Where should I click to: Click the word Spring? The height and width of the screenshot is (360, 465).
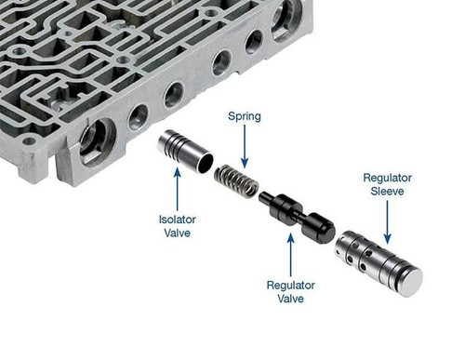click(x=245, y=116)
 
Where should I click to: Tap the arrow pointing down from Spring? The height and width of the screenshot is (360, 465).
click(x=245, y=146)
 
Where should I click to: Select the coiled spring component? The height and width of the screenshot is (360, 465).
click(x=236, y=181)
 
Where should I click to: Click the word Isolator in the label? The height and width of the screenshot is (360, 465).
click(x=178, y=220)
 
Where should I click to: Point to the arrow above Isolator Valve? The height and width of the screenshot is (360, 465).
click(x=178, y=189)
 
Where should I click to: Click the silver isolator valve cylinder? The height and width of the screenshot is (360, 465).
click(x=185, y=152)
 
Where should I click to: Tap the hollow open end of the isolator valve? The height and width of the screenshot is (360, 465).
click(x=205, y=162)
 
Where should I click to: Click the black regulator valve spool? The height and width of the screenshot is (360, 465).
click(x=297, y=213)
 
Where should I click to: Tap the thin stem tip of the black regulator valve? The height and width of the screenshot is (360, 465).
click(x=263, y=196)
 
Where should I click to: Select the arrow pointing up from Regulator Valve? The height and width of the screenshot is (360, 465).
click(x=290, y=255)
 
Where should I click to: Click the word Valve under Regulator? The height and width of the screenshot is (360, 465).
click(x=290, y=299)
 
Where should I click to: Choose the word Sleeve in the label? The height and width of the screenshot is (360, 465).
click(x=387, y=191)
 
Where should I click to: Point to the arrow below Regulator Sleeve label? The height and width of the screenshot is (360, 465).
click(x=387, y=222)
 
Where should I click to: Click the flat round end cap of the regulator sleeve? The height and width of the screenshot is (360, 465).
click(x=410, y=282)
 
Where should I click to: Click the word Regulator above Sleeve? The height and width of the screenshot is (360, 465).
click(x=387, y=179)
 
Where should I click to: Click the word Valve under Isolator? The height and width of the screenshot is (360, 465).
click(x=178, y=233)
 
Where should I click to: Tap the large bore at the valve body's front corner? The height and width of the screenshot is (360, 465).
click(x=97, y=141)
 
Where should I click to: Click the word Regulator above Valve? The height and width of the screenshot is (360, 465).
click(x=290, y=286)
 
